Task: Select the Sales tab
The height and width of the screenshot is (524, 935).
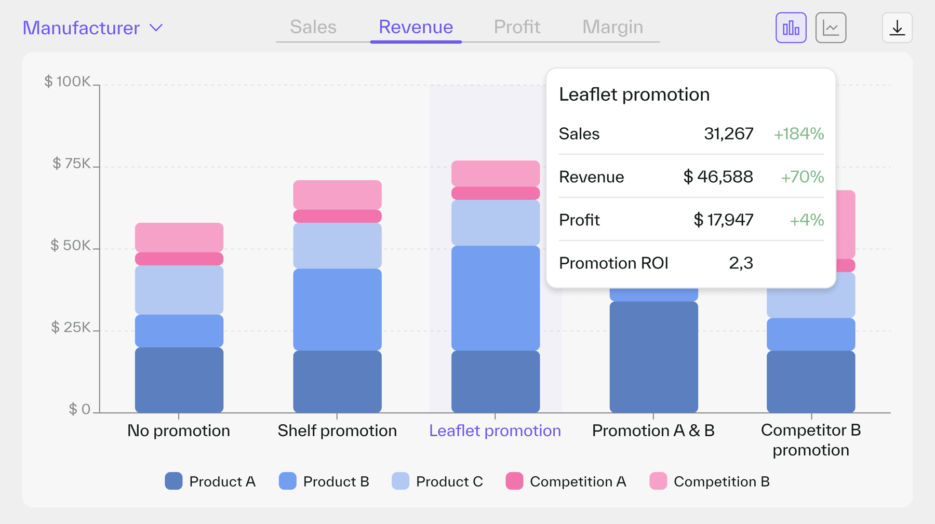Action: tap(313, 27)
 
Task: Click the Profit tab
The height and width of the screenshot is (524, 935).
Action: tap(517, 27)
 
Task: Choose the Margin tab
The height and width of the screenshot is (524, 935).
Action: tap(612, 27)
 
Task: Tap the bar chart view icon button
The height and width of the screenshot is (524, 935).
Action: tap(791, 28)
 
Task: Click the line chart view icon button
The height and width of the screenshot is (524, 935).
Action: tap(831, 28)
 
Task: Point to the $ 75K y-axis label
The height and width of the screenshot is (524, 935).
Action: tap(71, 164)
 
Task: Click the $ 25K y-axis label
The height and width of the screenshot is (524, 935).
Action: tap(71, 327)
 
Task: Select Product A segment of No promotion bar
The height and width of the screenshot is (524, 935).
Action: tap(179, 380)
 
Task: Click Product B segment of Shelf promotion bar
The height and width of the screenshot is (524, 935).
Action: tap(337, 309)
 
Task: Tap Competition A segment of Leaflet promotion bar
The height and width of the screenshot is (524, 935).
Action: tap(495, 193)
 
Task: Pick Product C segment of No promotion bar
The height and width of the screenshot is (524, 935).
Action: tap(179, 290)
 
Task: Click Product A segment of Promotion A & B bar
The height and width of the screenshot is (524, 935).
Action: tap(653, 357)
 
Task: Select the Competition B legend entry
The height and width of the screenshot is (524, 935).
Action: tap(710, 481)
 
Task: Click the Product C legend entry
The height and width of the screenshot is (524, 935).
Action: tap(437, 481)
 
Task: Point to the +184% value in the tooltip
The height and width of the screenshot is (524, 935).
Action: tap(798, 134)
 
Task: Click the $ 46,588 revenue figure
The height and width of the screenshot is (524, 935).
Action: tap(718, 177)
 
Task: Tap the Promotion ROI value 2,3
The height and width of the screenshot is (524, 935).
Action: tap(741, 263)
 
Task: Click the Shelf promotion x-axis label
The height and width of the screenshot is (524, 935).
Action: tap(337, 431)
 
